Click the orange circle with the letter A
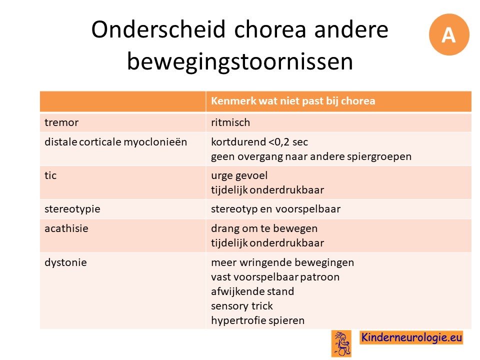pyautogui.click(x=449, y=34)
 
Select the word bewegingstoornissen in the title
pyautogui.click(x=240, y=61)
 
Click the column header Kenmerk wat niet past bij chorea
pyautogui.click(x=293, y=100)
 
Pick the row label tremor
pyautogui.click(x=61, y=122)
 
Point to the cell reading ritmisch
pyautogui.click(x=230, y=122)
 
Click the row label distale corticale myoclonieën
pyautogui.click(x=115, y=142)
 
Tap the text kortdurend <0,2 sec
pyautogui.click(x=259, y=142)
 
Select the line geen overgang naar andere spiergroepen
pyautogui.click(x=311, y=156)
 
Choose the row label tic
pyautogui.click(x=50, y=175)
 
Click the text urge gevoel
pyautogui.click(x=239, y=175)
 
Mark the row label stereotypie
pyautogui.click(x=72, y=209)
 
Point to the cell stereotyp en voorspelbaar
pyautogui.click(x=276, y=209)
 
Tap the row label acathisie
pyautogui.click(x=66, y=228)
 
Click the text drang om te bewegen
pyautogui.click(x=264, y=228)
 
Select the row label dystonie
pyautogui.click(x=66, y=262)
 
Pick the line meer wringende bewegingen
pyautogui.click(x=282, y=262)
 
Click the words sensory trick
pyautogui.click(x=242, y=306)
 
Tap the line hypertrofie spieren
pyautogui.click(x=258, y=320)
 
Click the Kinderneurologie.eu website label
pyautogui.click(x=411, y=337)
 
